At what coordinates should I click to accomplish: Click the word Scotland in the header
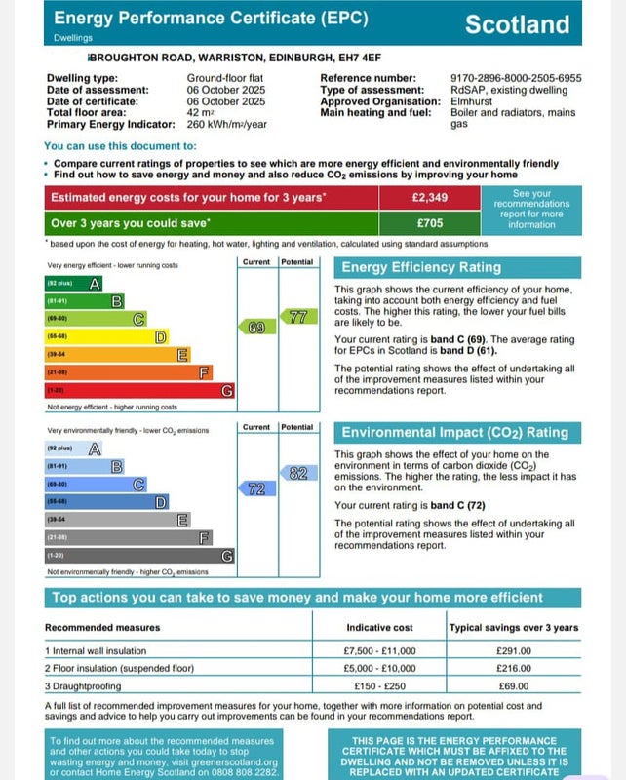[517, 24]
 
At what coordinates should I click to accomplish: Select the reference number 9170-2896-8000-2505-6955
[516, 77]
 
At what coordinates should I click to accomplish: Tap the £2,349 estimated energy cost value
[429, 198]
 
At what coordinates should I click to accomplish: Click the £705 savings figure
[429, 222]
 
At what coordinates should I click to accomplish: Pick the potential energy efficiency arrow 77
[296, 316]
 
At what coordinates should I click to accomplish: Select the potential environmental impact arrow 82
[296, 473]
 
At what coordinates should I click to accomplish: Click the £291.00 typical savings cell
[514, 650]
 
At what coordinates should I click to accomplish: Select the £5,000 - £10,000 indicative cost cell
[379, 668]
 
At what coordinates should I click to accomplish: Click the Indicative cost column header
[379, 628]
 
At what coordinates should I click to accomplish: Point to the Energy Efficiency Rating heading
[420, 267]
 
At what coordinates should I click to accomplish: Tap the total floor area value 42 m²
[200, 113]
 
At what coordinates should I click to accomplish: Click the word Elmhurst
[471, 100]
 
